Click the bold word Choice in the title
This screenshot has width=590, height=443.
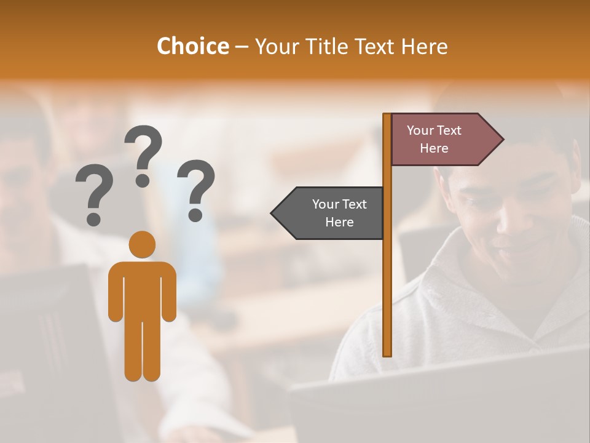click(x=192, y=47)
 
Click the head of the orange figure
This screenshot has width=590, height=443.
click(x=142, y=244)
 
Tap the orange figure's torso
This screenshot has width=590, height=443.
click(x=142, y=289)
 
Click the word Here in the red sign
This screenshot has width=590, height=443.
click(x=434, y=148)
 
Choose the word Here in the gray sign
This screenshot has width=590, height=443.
click(x=339, y=222)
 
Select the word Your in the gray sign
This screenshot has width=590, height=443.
click(x=326, y=204)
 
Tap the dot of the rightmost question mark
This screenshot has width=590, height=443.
click(x=195, y=215)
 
